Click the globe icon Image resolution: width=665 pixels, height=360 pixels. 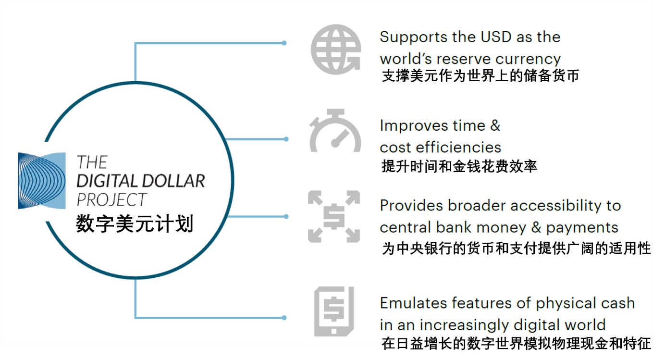336,50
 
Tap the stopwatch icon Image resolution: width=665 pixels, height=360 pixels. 335,131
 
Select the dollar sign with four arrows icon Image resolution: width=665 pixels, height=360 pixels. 334,217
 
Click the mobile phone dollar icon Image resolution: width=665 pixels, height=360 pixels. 334,311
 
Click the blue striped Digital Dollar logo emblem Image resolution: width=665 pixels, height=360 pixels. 42,181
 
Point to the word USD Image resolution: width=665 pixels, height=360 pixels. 496,37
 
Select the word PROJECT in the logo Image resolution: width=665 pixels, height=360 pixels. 111,199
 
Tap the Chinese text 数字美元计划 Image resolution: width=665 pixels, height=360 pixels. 135,223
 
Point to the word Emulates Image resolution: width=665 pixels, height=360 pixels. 414,303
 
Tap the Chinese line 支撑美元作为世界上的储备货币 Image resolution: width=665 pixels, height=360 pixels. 480,75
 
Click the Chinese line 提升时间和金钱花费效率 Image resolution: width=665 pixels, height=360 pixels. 459,166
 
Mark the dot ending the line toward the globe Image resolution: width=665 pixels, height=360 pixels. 284,43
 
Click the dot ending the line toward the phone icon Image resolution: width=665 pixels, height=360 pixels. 284,318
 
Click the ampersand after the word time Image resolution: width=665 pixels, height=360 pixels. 495,125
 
